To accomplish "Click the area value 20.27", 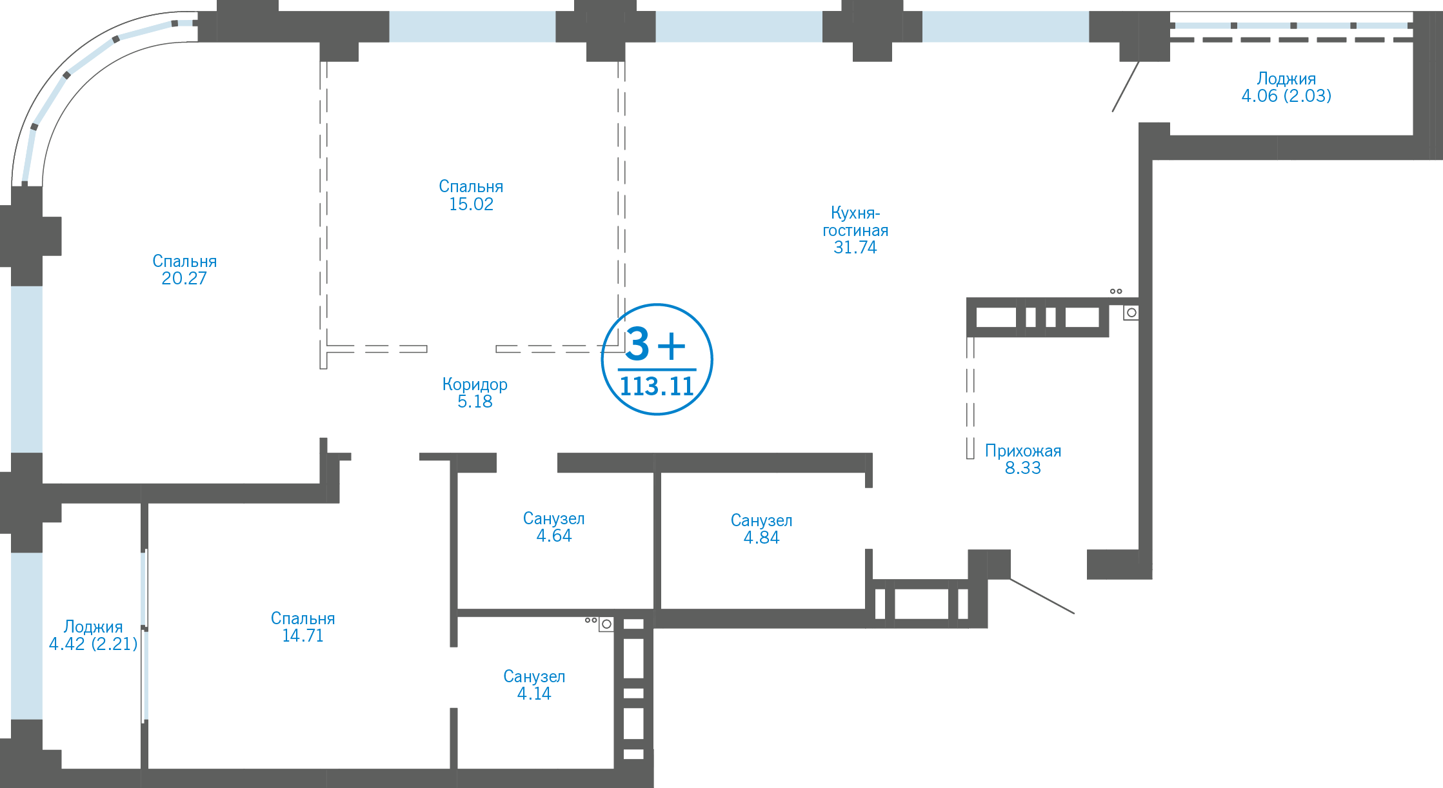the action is (x=184, y=279).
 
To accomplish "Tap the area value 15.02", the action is (x=471, y=204).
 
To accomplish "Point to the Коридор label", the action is (x=475, y=384).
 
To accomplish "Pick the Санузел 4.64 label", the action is (x=554, y=527).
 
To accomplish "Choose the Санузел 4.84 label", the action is (x=761, y=529).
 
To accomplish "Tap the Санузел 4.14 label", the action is (x=534, y=685).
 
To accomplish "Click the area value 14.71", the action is (x=303, y=636).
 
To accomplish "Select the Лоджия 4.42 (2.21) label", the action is (x=94, y=635).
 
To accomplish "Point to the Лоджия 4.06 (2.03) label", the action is (x=1286, y=87).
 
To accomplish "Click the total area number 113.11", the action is (x=657, y=387).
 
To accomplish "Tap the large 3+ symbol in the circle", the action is (x=655, y=344).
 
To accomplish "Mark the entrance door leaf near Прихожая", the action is (x=1042, y=596).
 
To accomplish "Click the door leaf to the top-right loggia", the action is (x=1126, y=86).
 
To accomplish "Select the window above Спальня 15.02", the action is (x=472, y=26).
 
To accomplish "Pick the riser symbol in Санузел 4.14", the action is (x=606, y=624).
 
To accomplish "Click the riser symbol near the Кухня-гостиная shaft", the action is (x=1131, y=313).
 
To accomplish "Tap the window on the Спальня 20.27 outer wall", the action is (x=27, y=369).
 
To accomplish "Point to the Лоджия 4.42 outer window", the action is (x=27, y=636).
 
